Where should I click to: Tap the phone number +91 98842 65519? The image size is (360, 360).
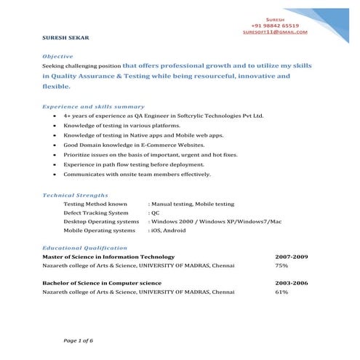pos(274,25)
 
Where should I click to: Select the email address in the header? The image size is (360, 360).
pos(275,32)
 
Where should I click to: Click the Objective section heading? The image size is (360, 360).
pos(57,55)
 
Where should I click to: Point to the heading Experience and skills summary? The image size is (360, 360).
pos(93,107)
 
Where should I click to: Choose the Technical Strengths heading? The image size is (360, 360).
pos(76,195)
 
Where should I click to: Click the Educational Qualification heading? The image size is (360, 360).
pos(85,247)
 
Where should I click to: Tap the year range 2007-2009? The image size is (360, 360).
pos(292,257)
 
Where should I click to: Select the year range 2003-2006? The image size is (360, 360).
pos(292,283)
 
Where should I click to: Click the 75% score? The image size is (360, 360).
pos(281,266)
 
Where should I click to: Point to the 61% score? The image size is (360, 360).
pos(281,292)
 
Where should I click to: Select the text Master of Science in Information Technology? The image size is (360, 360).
pos(108,257)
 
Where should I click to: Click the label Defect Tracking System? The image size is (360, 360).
pos(95,213)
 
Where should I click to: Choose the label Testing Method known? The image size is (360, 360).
pos(95,204)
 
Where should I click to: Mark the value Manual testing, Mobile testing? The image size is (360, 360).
pos(193,204)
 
